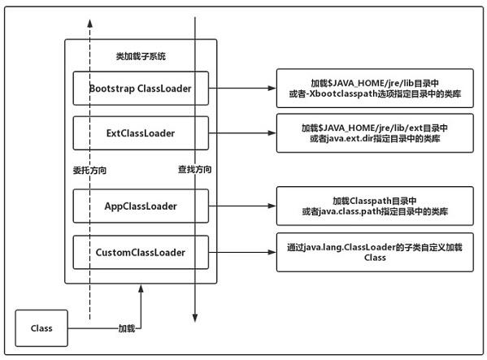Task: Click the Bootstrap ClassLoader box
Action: (141, 88)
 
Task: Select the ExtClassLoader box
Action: (141, 131)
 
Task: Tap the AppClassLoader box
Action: (141, 206)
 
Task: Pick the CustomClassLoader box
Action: (141, 252)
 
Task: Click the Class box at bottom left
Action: (41, 328)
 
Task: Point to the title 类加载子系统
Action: (141, 56)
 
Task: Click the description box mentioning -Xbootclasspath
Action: (375, 88)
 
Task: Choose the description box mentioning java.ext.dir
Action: (375, 132)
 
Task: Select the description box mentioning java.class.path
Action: (375, 206)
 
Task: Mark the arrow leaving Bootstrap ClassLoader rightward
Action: (244, 88)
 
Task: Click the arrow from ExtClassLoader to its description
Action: (244, 132)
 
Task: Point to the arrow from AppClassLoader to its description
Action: (244, 206)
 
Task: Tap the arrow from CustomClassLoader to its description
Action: (244, 252)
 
